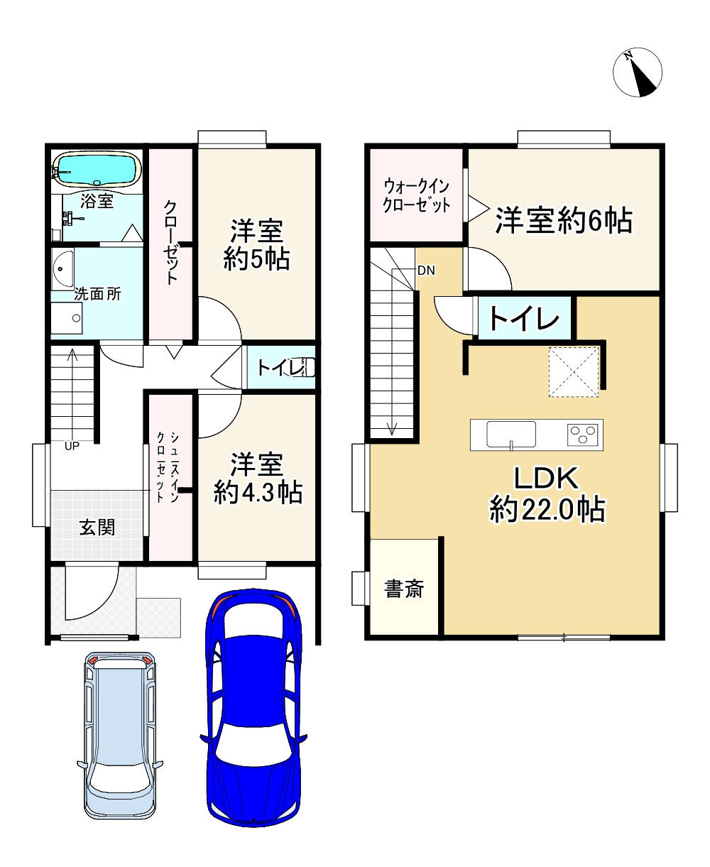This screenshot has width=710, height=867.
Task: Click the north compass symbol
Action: pyautogui.click(x=637, y=72)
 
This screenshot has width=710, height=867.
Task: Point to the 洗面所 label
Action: pyautogui.click(x=97, y=294)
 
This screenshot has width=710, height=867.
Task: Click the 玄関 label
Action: pyautogui.click(x=97, y=528)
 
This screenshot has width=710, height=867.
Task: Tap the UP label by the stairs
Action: pyautogui.click(x=72, y=447)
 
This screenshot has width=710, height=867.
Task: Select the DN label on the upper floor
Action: pyautogui.click(x=426, y=271)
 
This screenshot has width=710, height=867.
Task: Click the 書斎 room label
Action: pyautogui.click(x=404, y=589)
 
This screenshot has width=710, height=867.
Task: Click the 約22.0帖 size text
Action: pyautogui.click(x=547, y=510)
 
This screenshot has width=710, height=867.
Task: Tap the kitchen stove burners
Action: pyautogui.click(x=584, y=433)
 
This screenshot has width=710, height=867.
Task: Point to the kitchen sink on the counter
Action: pyautogui.click(x=511, y=434)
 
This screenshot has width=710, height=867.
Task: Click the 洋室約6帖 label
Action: pyautogui.click(x=564, y=221)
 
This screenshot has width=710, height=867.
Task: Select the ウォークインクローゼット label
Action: pyautogui.click(x=416, y=196)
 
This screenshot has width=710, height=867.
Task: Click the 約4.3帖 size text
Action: pyautogui.click(x=258, y=491)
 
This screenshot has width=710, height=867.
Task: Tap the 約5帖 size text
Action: pyautogui.click(x=256, y=260)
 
